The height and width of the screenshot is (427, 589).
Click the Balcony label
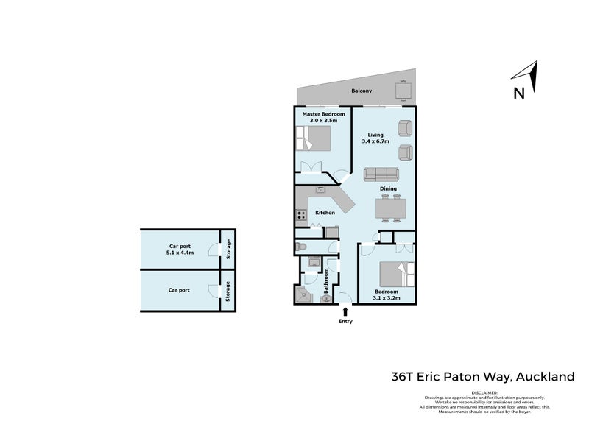[361, 91]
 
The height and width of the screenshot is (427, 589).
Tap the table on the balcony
[403, 91]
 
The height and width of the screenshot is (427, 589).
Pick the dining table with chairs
[390, 209]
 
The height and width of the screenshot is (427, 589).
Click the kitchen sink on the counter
[321, 190]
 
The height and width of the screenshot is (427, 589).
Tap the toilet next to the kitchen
[300, 247]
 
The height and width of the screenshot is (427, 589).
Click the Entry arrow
[345, 313]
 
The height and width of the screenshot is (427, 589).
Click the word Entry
[345, 322]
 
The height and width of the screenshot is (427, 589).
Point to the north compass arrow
[525, 74]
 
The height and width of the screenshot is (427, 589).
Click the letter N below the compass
[518, 93]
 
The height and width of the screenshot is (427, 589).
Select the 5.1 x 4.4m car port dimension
[180, 253]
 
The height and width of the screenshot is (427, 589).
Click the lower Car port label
[179, 290]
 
